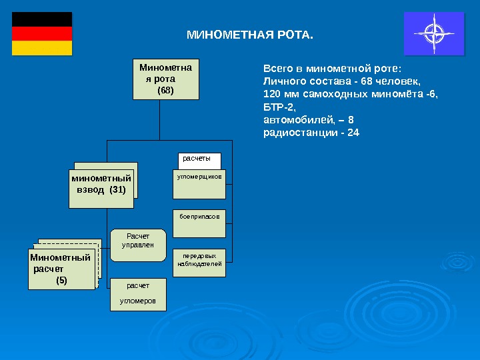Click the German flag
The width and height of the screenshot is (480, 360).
click(x=42, y=33)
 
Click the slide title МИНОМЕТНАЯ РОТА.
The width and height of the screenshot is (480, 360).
click(x=249, y=33)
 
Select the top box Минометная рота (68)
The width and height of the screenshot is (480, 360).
click(x=165, y=79)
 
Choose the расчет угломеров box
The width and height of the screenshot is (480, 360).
click(x=138, y=294)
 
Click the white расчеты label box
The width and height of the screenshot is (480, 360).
click(x=199, y=159)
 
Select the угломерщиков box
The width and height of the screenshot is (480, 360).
click(x=199, y=184)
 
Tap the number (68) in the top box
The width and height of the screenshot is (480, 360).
click(x=165, y=89)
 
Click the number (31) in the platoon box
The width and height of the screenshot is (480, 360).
click(x=117, y=190)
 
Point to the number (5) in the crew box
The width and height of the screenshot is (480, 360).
click(x=61, y=281)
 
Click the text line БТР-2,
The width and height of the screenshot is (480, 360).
click(x=279, y=107)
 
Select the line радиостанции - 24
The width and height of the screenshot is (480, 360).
click(x=311, y=133)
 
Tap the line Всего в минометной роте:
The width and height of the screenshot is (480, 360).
click(x=333, y=68)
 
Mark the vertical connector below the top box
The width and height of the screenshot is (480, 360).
click(x=159, y=120)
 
